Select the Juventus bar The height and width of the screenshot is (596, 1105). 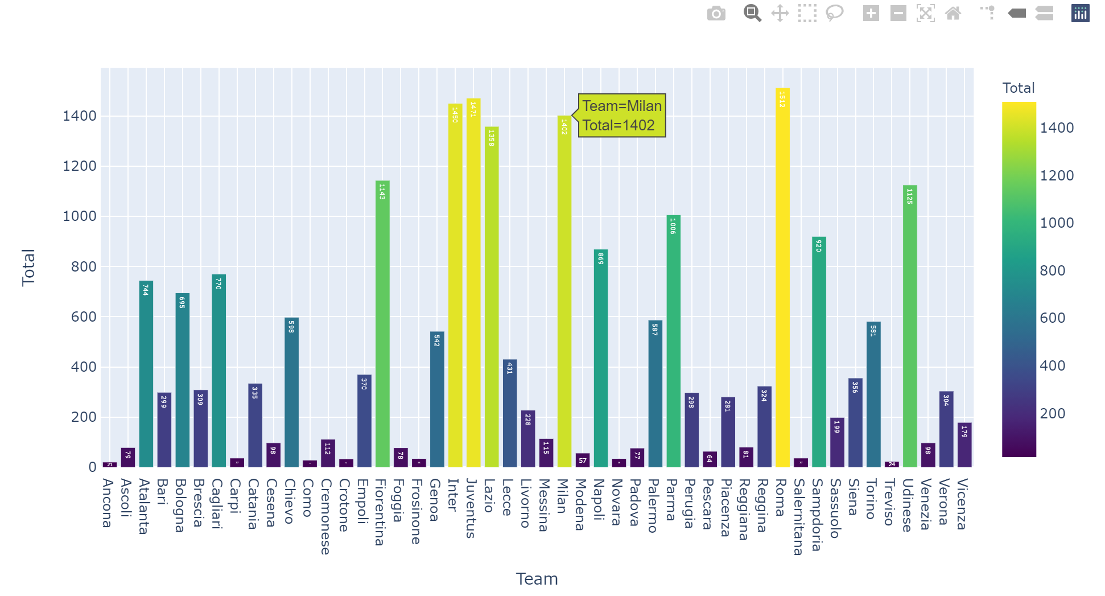tap(473, 285)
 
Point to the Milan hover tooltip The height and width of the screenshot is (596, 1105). tap(622, 116)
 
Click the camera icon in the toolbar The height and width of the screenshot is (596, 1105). tap(716, 13)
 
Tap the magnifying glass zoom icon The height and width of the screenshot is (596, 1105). tap(752, 13)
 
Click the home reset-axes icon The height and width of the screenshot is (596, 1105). tap(953, 13)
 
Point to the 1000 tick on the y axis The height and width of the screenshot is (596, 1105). tap(80, 216)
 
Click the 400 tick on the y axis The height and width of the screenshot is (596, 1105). tap(84, 367)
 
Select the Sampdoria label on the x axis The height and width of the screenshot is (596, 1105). tap(817, 515)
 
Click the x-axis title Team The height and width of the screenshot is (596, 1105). tap(537, 579)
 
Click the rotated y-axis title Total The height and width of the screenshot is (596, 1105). tap(28, 267)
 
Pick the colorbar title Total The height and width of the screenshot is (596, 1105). tap(1018, 88)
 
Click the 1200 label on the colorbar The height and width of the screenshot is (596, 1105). tap(1057, 175)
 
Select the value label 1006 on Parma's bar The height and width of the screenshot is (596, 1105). tap(673, 226)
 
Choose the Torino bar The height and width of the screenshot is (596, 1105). tap(873, 398)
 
